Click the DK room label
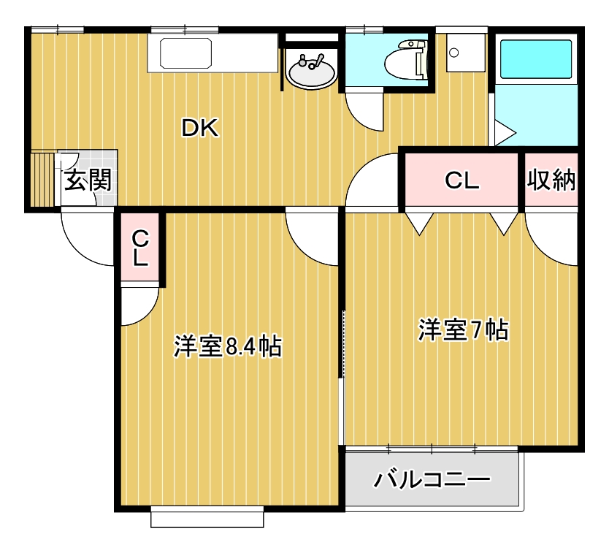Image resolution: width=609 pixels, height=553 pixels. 199,129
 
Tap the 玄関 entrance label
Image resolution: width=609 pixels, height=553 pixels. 87,180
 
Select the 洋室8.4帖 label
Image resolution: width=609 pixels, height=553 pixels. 228,346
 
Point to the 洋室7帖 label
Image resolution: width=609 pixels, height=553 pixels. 463,330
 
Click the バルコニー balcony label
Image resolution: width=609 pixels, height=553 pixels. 432,480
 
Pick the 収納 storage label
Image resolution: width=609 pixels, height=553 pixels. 551,180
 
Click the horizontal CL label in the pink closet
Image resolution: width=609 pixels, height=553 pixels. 461,180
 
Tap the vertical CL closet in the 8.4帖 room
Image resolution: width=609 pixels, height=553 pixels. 140,247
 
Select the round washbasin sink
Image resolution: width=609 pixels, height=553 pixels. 313,72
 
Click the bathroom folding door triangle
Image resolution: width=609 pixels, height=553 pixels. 504,133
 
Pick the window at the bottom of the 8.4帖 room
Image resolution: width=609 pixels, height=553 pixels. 207,519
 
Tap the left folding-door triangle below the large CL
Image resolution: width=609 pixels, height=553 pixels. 419,223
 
